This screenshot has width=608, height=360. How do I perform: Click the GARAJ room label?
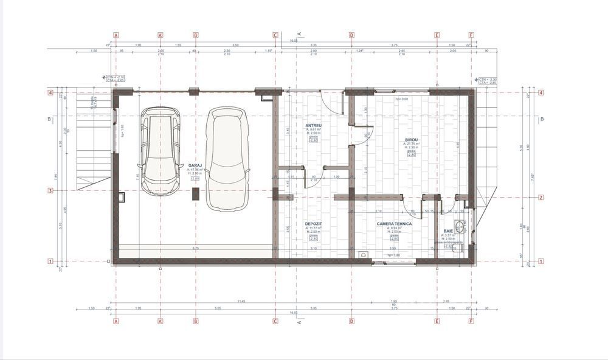(x=195, y=165)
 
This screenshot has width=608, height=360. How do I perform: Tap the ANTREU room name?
(x=313, y=126)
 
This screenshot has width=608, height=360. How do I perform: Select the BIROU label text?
(x=411, y=140)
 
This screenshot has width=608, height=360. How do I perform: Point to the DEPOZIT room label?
(x=313, y=224)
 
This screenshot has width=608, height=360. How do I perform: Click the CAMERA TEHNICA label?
(x=394, y=224)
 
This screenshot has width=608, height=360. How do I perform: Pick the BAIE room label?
(x=448, y=231)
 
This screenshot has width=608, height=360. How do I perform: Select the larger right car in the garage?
(x=226, y=158)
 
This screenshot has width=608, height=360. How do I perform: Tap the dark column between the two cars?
(x=195, y=194)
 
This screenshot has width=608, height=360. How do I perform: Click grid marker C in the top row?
(x=275, y=35)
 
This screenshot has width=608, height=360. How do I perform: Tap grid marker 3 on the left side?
(x=51, y=191)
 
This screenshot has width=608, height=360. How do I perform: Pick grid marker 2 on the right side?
(x=541, y=197)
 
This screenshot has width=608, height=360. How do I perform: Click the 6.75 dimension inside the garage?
(x=195, y=248)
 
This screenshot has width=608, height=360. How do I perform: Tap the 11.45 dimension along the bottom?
(x=241, y=302)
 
